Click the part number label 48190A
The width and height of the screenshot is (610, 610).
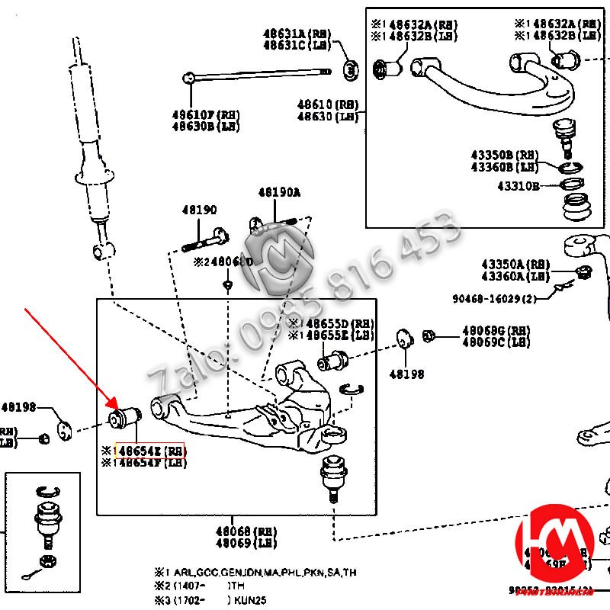(279, 194)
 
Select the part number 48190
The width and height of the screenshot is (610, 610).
(199, 210)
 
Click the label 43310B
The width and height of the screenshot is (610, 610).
(518, 185)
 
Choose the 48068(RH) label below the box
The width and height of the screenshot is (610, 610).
(246, 531)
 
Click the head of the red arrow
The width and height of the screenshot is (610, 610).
(116, 406)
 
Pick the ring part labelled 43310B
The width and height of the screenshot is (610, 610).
(573, 184)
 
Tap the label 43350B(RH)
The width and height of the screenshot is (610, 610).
(505, 155)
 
